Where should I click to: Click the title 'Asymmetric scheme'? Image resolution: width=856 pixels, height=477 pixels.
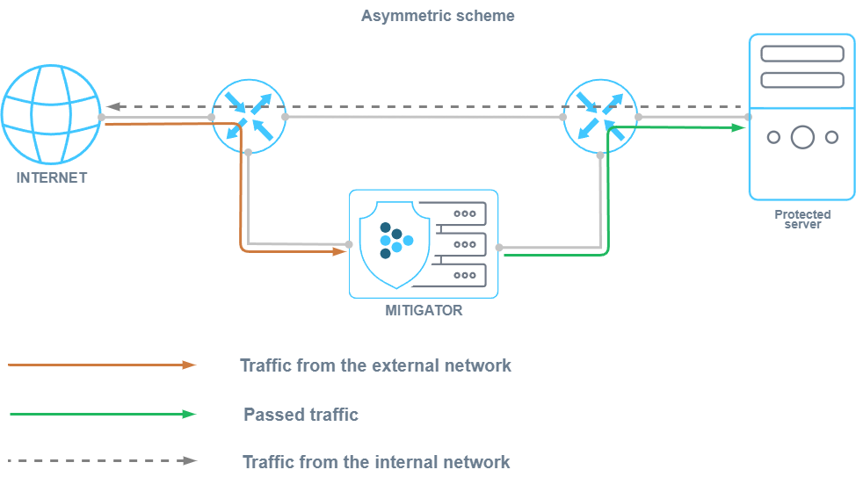(x=438, y=16)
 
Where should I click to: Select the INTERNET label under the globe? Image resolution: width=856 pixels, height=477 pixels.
(x=52, y=177)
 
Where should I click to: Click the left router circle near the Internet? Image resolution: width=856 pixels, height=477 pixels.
(x=248, y=116)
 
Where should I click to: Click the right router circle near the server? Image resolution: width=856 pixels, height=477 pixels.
(x=600, y=116)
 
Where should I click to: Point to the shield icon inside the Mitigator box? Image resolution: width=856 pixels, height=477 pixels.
(x=395, y=243)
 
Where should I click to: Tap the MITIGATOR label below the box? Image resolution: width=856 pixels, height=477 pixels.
(x=424, y=310)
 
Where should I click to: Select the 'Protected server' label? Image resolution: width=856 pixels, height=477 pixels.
(x=802, y=219)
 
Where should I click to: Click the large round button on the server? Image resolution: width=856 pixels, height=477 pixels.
(x=802, y=137)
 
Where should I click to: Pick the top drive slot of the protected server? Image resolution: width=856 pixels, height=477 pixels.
(x=802, y=54)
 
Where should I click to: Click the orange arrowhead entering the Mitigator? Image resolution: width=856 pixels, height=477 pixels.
(x=340, y=251)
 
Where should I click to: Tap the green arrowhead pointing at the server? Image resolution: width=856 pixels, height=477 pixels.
(x=739, y=127)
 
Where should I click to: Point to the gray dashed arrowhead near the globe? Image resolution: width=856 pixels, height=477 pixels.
(x=112, y=107)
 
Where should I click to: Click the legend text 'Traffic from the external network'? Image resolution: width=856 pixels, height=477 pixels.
(x=375, y=365)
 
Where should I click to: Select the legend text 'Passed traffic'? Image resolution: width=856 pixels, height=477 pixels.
(x=301, y=414)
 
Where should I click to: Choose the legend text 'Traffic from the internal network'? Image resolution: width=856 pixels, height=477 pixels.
(x=375, y=461)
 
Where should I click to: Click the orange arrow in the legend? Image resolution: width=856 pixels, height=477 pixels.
(x=102, y=365)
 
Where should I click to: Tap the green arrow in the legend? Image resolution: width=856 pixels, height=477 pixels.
(x=102, y=414)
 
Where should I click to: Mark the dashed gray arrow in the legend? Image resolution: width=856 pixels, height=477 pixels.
(x=102, y=460)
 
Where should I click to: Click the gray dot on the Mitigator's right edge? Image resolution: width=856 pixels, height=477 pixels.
(x=499, y=248)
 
